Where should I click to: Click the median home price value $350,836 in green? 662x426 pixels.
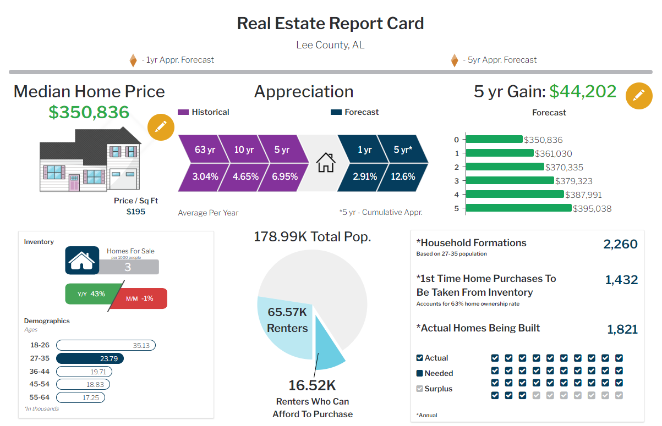click(89, 112)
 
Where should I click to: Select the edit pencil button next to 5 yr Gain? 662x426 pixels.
click(639, 96)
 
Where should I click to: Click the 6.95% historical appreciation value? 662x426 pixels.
click(285, 177)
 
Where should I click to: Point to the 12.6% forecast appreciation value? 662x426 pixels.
click(403, 177)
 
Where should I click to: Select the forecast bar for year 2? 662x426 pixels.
click(505, 167)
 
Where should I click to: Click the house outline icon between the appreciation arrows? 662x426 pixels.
click(326, 162)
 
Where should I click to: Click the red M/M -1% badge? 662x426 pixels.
click(141, 298)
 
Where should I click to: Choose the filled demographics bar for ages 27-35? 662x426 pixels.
click(90, 359)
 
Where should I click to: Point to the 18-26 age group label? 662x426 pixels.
click(39, 346)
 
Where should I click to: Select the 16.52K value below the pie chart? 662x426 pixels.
click(312, 385)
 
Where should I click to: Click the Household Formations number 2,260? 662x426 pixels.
click(620, 244)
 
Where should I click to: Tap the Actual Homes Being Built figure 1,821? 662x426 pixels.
click(622, 329)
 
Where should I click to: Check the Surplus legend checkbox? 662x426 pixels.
click(420, 389)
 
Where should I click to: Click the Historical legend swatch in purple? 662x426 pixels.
click(183, 112)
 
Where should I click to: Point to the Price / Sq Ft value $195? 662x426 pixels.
click(136, 212)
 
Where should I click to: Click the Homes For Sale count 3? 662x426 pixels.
click(128, 267)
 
